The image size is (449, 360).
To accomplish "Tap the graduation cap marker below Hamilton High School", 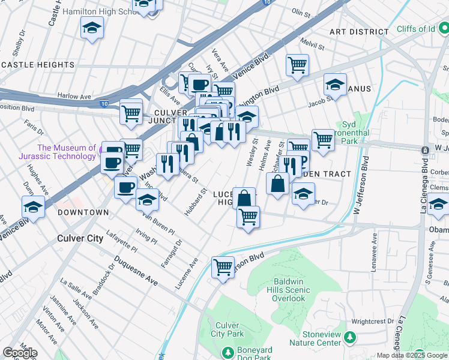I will [92, 28].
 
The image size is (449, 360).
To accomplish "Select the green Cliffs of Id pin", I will [442, 27].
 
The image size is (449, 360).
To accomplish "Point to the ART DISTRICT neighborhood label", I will [359, 31].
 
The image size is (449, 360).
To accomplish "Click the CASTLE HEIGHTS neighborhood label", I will [37, 64].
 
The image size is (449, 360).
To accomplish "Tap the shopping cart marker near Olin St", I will [297, 65].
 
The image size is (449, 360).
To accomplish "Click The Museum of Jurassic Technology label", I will [66, 152].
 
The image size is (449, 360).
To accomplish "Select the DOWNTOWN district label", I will [83, 212].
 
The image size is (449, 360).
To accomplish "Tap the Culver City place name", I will [80, 238].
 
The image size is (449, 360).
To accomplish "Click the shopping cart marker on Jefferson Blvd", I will [223, 266].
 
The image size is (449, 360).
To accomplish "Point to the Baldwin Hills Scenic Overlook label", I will [292, 290].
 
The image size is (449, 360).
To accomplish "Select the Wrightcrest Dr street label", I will [373, 321].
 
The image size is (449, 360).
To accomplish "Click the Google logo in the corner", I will [20, 353].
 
